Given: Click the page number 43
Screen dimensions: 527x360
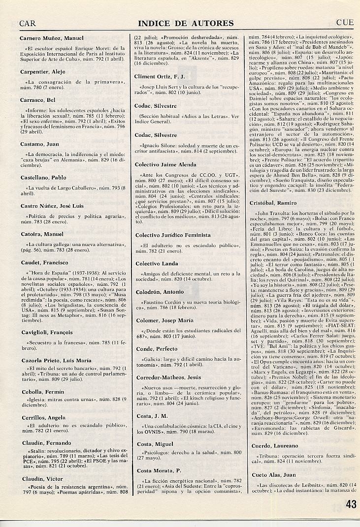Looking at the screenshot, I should pyautogui.click(x=351, y=503).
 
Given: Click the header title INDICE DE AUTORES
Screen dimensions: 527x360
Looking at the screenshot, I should pyautogui.click(x=186, y=23).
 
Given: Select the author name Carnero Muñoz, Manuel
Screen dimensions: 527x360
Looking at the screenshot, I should pyautogui.click(x=52, y=38).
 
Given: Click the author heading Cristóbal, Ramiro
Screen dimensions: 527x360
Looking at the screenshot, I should pyautogui.click(x=273, y=203).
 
